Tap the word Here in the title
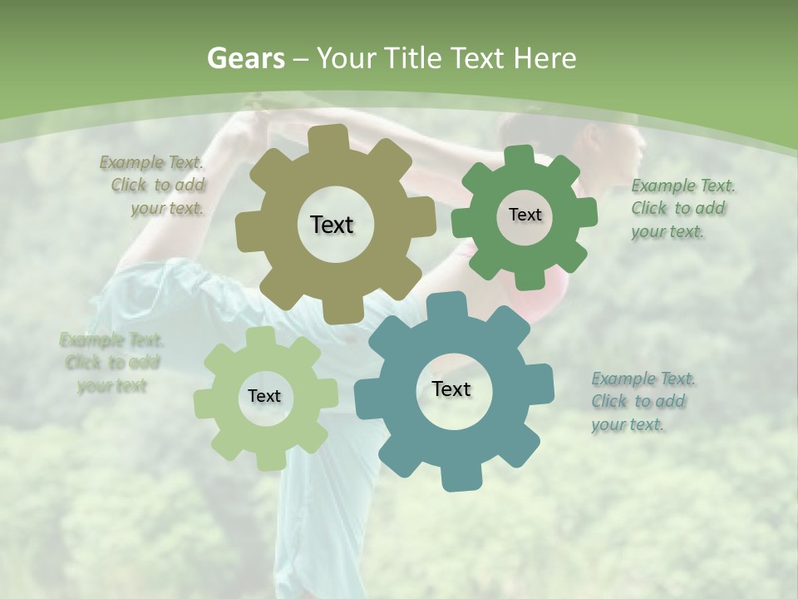[x=544, y=58]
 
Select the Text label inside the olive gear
[x=332, y=225]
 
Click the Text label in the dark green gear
[x=525, y=215]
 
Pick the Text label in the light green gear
[x=264, y=396]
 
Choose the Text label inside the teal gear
[x=451, y=389]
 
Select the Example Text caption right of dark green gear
[x=682, y=208]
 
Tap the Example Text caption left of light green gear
[x=111, y=363]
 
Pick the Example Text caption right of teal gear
[x=643, y=401]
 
